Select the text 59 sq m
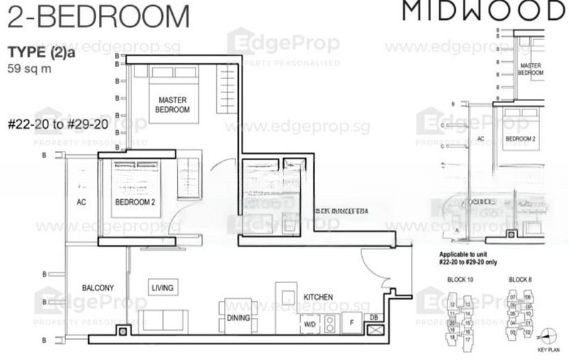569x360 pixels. coord(28,70)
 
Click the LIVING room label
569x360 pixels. coord(162,287)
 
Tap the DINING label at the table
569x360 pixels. coord(238,319)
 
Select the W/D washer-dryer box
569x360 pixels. coord(309,324)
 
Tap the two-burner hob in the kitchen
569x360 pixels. coord(330,324)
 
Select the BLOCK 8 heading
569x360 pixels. coord(521,280)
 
